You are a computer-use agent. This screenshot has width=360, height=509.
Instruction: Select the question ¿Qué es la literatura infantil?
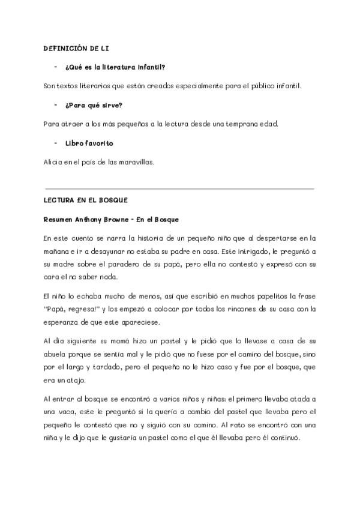[x=107, y=67]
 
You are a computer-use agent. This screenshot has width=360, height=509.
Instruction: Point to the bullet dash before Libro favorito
[x=55, y=143]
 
